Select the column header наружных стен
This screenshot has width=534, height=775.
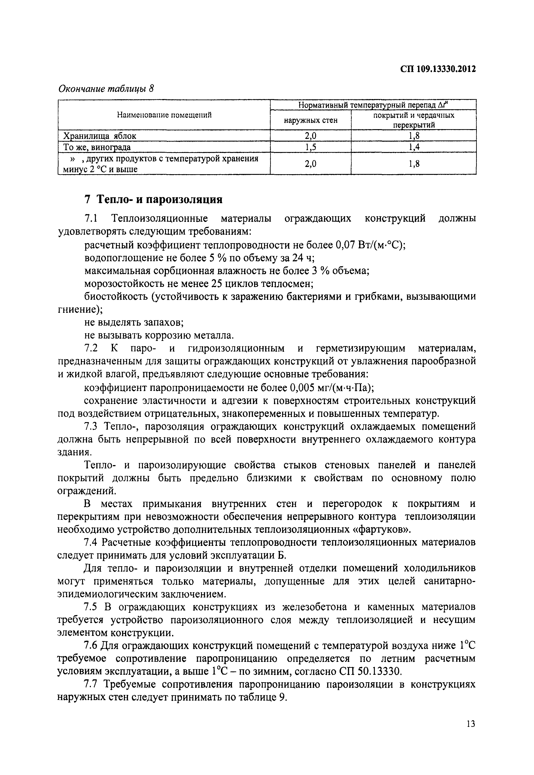(310, 120)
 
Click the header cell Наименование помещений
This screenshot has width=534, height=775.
(164, 115)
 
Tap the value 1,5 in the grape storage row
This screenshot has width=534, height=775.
(310, 147)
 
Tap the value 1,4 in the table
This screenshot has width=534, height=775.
(414, 147)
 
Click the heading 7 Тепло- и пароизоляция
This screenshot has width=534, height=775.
(154, 200)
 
